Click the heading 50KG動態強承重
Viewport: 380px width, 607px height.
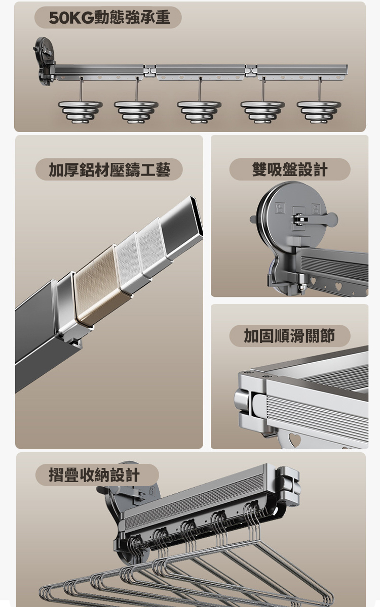(109, 18)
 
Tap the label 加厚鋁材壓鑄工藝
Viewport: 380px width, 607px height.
(109, 170)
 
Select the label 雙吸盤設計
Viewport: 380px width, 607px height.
(290, 169)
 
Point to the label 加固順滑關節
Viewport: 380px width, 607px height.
(289, 336)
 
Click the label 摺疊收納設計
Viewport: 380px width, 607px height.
(94, 475)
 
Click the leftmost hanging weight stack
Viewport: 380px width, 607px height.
(81, 112)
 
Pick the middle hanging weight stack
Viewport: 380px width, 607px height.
(199, 112)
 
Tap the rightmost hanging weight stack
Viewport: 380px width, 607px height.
(319, 112)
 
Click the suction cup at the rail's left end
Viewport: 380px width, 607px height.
(44, 61)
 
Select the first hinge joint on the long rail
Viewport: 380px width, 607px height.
(149, 71)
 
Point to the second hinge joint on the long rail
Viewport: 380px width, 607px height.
(251, 71)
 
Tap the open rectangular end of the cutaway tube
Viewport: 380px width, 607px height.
(196, 216)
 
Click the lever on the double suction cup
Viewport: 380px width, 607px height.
(316, 218)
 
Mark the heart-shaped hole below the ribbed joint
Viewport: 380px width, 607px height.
(294, 439)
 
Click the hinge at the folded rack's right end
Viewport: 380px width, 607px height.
(288, 485)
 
